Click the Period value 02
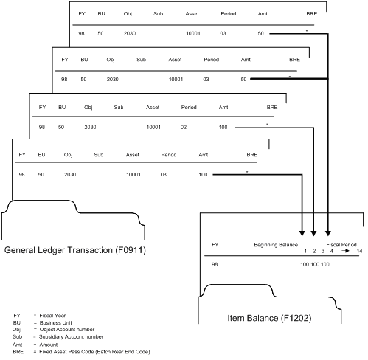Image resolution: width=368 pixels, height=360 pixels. pos(185,127)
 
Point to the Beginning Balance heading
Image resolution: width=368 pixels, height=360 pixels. pos(275,243)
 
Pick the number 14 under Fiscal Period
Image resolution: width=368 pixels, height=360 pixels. pos(359,251)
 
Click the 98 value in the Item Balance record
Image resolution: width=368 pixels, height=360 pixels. pos(215,263)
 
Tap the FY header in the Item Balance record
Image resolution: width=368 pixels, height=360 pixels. pos(215,243)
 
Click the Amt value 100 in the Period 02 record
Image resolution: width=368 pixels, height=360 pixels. pos(223,127)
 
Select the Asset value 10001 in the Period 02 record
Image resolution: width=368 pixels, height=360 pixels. pos(153,127)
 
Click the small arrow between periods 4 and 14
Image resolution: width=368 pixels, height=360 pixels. pos(345,251)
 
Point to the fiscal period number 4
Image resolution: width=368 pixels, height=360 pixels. pos(332,251)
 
